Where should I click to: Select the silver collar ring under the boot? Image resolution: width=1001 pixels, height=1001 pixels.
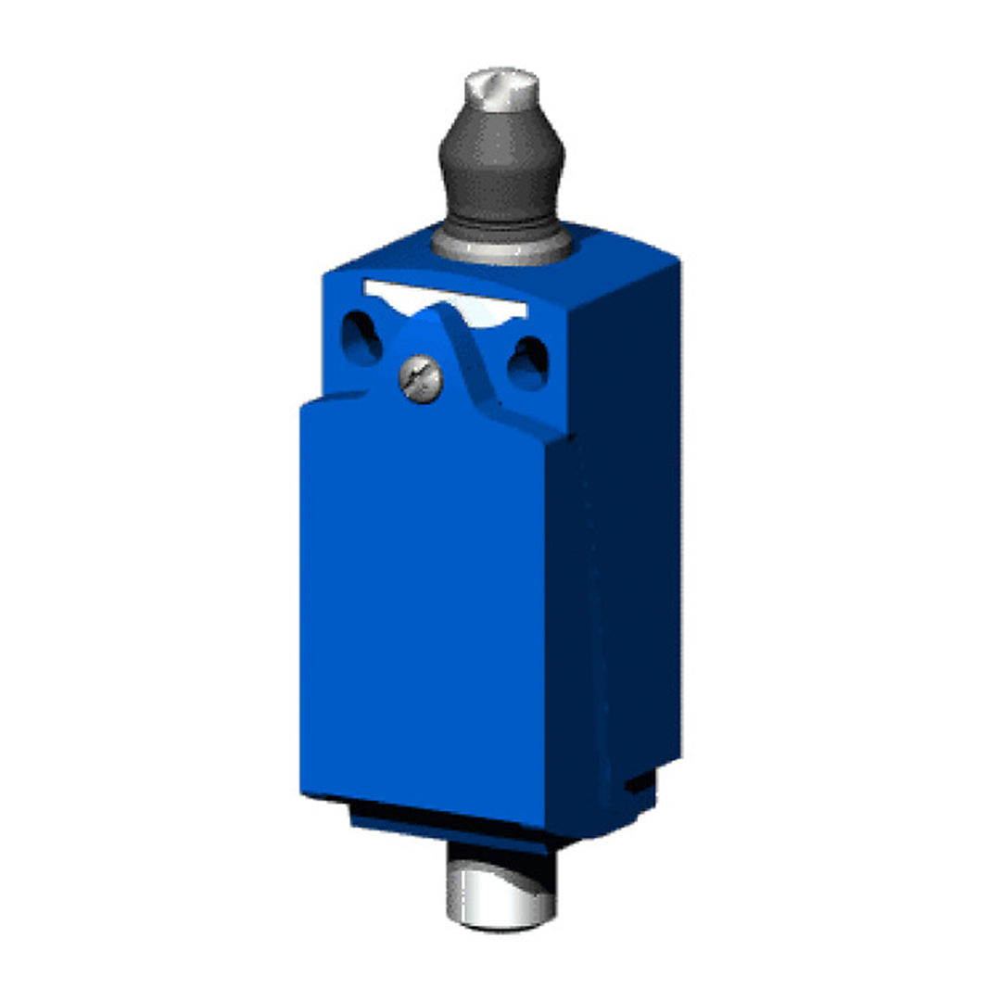[501, 247]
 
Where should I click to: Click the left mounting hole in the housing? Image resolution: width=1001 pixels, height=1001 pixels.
[360, 337]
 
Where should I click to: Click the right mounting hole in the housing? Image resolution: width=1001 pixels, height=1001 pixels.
[528, 362]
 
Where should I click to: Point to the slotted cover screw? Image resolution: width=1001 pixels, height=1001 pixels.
[421, 380]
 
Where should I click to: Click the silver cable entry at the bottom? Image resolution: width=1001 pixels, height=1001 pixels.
[500, 894]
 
